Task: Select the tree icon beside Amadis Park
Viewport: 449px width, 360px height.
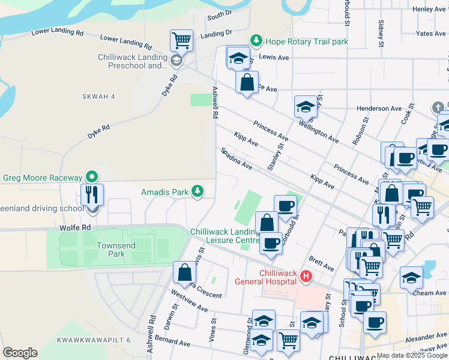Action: pos(197,192)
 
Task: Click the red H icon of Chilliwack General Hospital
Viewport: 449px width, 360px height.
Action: pos(306,277)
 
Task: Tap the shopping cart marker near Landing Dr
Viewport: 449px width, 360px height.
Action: pos(181,41)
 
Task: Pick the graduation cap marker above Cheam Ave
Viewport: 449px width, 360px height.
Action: pos(411,277)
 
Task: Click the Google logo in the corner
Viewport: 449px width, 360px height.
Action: pos(20,353)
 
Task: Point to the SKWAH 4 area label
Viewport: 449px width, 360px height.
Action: pos(98,97)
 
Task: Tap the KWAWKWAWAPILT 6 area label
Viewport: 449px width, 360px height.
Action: pos(94,340)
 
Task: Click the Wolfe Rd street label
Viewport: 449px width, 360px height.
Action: pos(74,228)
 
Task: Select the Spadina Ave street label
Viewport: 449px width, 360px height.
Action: pos(236,158)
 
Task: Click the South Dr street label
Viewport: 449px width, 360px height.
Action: pos(219,14)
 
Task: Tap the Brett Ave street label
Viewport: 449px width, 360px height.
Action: pos(322,263)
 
